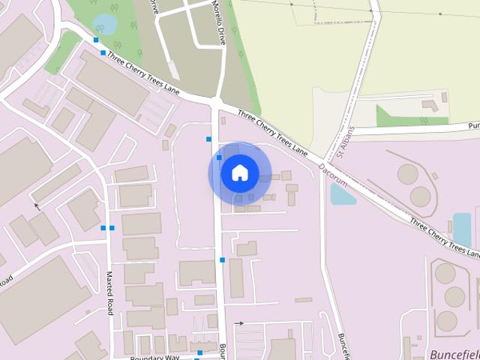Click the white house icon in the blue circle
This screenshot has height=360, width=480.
click(x=239, y=173)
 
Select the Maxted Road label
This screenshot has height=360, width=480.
click(x=110, y=292)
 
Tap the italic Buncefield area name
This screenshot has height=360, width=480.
click(x=454, y=353)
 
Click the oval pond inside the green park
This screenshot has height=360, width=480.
click(x=106, y=25)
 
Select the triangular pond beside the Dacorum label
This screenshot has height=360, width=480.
click(x=342, y=194)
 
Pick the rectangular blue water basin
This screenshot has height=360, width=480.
click(x=462, y=229)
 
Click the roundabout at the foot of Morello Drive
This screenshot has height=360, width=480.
click(x=216, y=103)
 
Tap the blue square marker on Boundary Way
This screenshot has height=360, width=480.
click(x=200, y=352)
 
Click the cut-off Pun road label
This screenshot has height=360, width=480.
click(x=473, y=126)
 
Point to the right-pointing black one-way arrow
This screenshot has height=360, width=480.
click(x=239, y=322)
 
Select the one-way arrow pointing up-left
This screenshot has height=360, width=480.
click(x=36, y=205)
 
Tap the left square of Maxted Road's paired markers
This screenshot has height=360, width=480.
click(x=103, y=227)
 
